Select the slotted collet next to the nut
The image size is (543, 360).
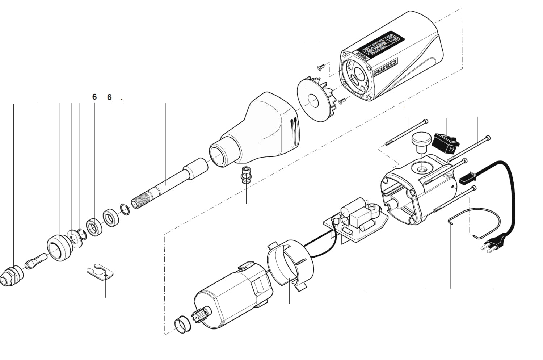tap(35, 261)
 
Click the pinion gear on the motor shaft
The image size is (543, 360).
tap(204, 314)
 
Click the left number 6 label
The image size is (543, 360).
tap(94, 97)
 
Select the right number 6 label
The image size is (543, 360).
tap(109, 97)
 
